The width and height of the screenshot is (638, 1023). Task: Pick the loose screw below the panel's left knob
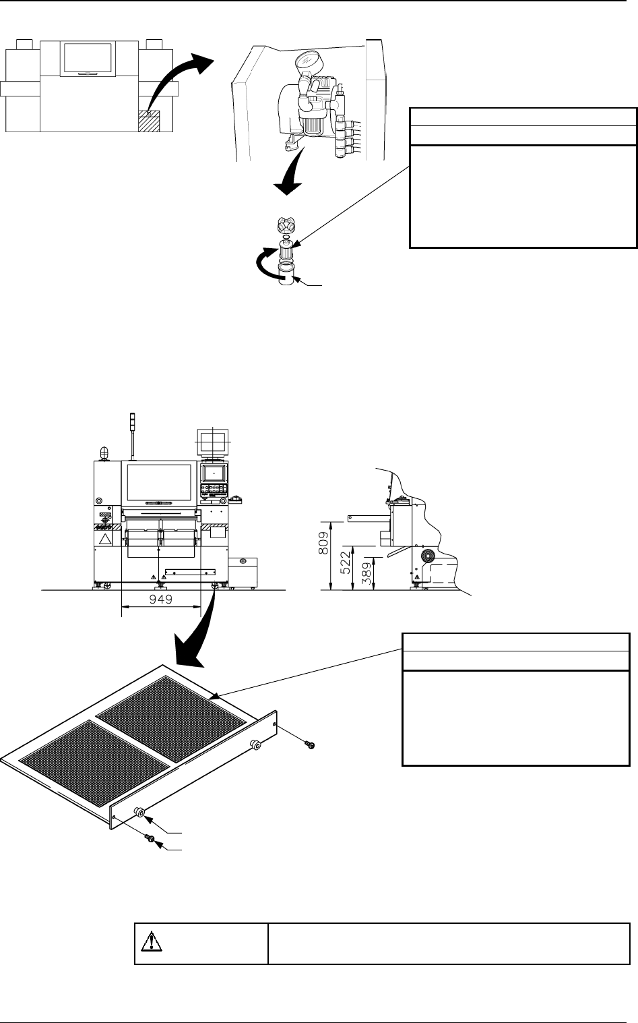click(151, 838)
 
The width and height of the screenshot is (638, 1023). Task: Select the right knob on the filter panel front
click(255, 744)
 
